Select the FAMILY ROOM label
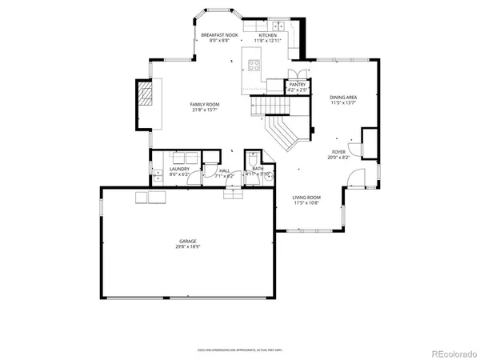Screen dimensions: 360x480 pos(205,104)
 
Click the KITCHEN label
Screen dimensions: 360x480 pos(266,35)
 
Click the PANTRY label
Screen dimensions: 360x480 pos(297,84)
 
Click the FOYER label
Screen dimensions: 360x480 pos(339,152)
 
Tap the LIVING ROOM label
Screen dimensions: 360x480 pos(306,197)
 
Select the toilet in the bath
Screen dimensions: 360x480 pos(254,157)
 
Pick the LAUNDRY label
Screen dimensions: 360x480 pos(178,169)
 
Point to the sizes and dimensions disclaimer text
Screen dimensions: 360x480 pos(239,350)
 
